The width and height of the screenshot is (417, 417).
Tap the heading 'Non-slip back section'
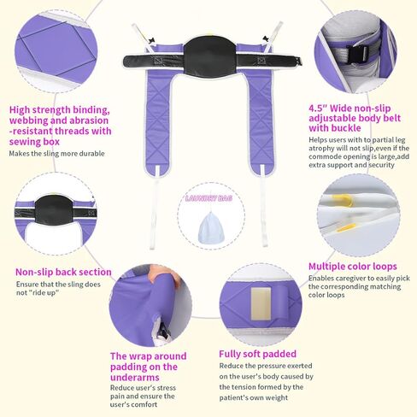(x=63, y=273)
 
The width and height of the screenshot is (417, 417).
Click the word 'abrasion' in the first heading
(x=95, y=120)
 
